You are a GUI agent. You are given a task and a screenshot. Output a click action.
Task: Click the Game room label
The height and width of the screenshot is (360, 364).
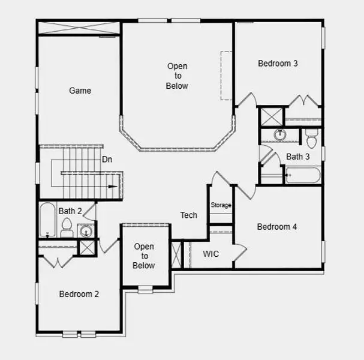[x=80, y=91]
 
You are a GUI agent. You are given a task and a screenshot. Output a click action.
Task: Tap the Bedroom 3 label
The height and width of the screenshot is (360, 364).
[x=278, y=63]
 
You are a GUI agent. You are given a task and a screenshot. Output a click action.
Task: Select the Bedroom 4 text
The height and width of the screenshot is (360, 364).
[x=277, y=227]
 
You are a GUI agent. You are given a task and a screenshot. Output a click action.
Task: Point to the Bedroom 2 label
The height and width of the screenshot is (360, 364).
[x=79, y=294]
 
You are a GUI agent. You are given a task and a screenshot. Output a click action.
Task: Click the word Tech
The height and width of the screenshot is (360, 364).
[x=189, y=215]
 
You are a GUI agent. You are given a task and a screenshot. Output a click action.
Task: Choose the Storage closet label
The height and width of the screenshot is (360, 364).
[x=221, y=205]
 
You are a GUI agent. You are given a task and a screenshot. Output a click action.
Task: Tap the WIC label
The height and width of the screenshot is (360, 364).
[x=210, y=254]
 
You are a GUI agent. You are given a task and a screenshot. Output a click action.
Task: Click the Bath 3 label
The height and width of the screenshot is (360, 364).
[x=298, y=157]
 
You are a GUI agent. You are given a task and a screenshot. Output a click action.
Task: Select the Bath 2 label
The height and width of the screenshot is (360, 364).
[x=70, y=211]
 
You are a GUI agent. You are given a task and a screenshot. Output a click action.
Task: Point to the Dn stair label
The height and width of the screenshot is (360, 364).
[x=107, y=159]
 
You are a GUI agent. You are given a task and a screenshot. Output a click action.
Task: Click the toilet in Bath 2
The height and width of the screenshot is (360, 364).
[x=67, y=228]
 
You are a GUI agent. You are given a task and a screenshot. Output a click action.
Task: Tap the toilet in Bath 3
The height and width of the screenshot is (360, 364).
[x=311, y=140]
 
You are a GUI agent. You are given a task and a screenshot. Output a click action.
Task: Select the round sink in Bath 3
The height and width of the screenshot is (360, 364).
[x=280, y=135]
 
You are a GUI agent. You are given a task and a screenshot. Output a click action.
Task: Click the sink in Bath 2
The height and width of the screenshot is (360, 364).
[x=86, y=230]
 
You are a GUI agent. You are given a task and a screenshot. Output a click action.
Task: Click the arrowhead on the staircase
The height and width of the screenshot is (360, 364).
[x=112, y=187]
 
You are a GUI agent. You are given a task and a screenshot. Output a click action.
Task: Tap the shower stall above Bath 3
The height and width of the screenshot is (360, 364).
[x=271, y=116]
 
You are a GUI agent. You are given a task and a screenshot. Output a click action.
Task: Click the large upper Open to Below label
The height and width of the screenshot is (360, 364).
[x=177, y=76]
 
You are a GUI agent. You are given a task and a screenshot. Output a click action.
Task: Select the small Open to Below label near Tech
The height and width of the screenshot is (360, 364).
[x=144, y=256]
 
